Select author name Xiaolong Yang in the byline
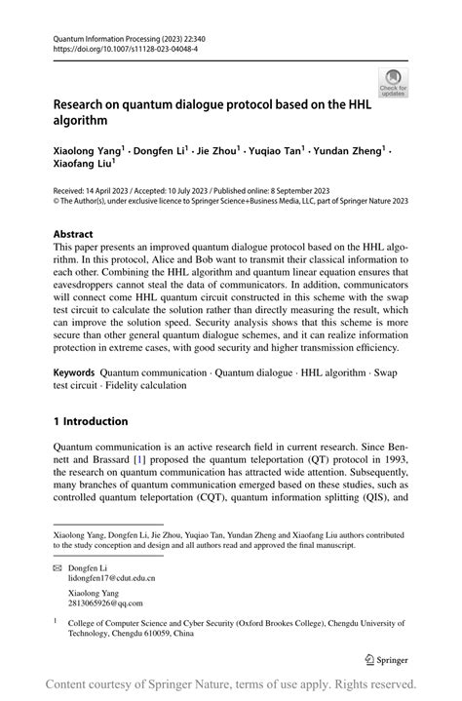click(x=87, y=151)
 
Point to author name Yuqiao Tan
click(x=279, y=151)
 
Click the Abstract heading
click(x=73, y=235)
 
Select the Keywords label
click(x=74, y=372)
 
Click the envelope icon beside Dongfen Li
click(x=58, y=566)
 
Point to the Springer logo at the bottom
click(x=383, y=657)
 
